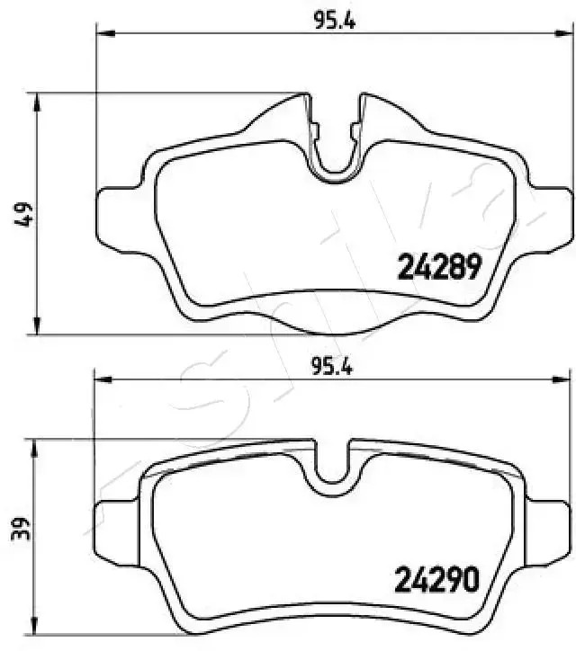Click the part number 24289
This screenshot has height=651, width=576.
pos(441,266)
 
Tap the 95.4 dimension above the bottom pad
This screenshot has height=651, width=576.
pos(331,367)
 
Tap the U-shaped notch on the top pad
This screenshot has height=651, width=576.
pos(335,153)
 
